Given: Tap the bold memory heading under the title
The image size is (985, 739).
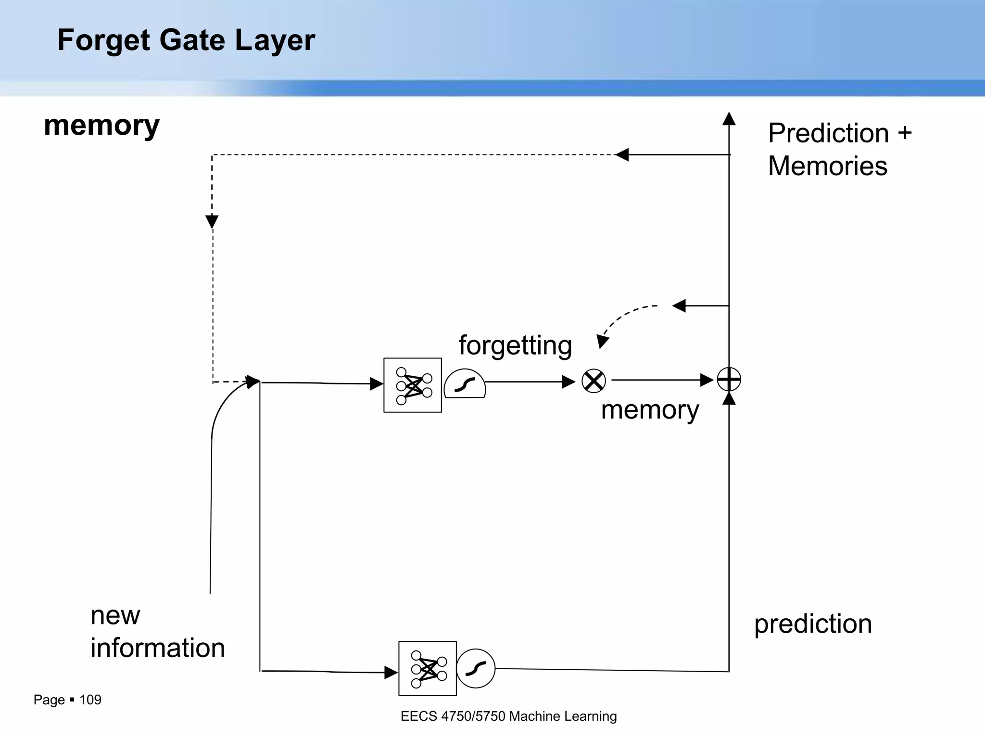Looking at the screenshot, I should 101,126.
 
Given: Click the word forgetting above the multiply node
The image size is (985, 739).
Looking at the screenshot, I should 515,345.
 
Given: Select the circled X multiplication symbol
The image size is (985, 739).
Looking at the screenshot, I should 594,381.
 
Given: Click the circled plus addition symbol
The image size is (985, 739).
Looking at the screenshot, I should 729,380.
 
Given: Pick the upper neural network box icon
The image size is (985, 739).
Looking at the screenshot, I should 413,385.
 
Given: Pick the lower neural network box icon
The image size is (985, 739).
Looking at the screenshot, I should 428,668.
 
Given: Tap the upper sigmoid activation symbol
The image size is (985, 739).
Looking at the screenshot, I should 465,384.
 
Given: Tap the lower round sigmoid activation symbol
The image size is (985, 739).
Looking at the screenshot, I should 476,668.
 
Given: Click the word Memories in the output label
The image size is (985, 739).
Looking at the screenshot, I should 827,166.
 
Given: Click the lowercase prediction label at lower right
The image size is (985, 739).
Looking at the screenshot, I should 813,624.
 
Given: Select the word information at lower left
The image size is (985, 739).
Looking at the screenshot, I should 158,648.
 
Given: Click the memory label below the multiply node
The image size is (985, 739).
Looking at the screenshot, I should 650,410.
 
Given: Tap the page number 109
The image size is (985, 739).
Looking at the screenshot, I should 90,700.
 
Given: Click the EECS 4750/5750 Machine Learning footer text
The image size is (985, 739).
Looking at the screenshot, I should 508,716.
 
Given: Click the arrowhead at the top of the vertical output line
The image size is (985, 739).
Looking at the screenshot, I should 729,118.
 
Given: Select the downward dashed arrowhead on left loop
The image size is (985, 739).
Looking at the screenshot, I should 212,222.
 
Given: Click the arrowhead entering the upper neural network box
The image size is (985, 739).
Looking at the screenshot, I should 377,384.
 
